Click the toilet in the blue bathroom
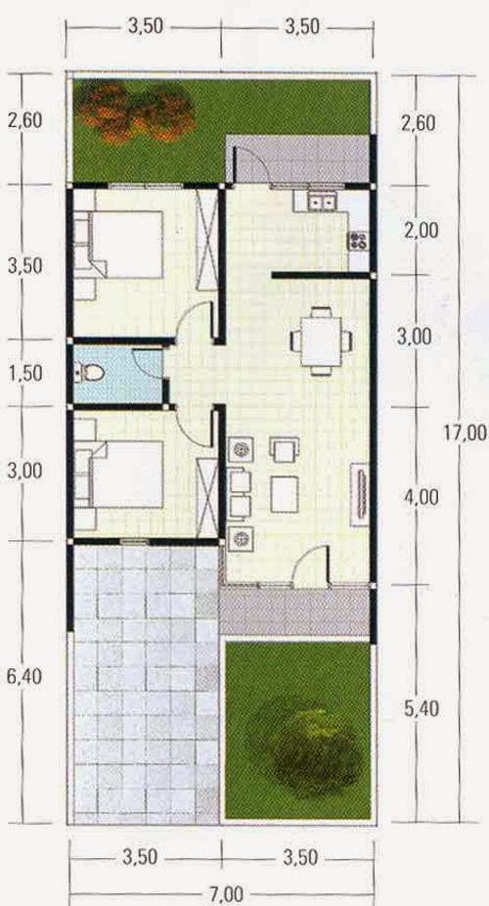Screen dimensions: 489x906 tap(89, 373)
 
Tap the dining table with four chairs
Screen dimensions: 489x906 tap(321, 340)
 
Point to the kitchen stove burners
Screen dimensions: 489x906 tap(358, 240)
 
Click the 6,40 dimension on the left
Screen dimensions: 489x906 tap(24, 677)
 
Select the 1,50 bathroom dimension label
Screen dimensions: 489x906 tap(25, 374)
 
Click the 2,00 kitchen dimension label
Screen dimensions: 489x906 tap(421, 231)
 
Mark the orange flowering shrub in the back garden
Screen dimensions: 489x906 tap(135, 112)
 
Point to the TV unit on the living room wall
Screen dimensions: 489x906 tap(360, 494)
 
